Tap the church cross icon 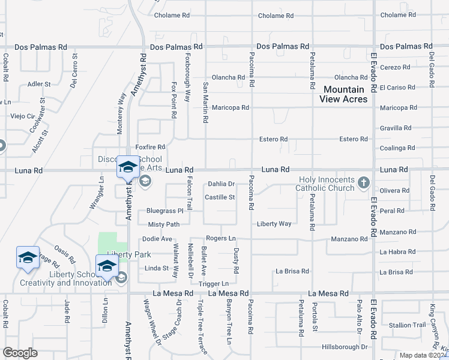[363, 182]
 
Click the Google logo [20, 353]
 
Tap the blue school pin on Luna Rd [128, 168]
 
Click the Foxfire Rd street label [150, 146]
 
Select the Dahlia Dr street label [221, 184]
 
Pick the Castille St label [220, 197]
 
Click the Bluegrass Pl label [164, 211]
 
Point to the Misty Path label [164, 224]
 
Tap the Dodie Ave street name [157, 239]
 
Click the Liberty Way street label [274, 224]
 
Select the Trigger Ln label [214, 283]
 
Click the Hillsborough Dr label [344, 347]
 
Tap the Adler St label [39, 84]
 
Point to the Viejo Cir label [23, 116]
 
